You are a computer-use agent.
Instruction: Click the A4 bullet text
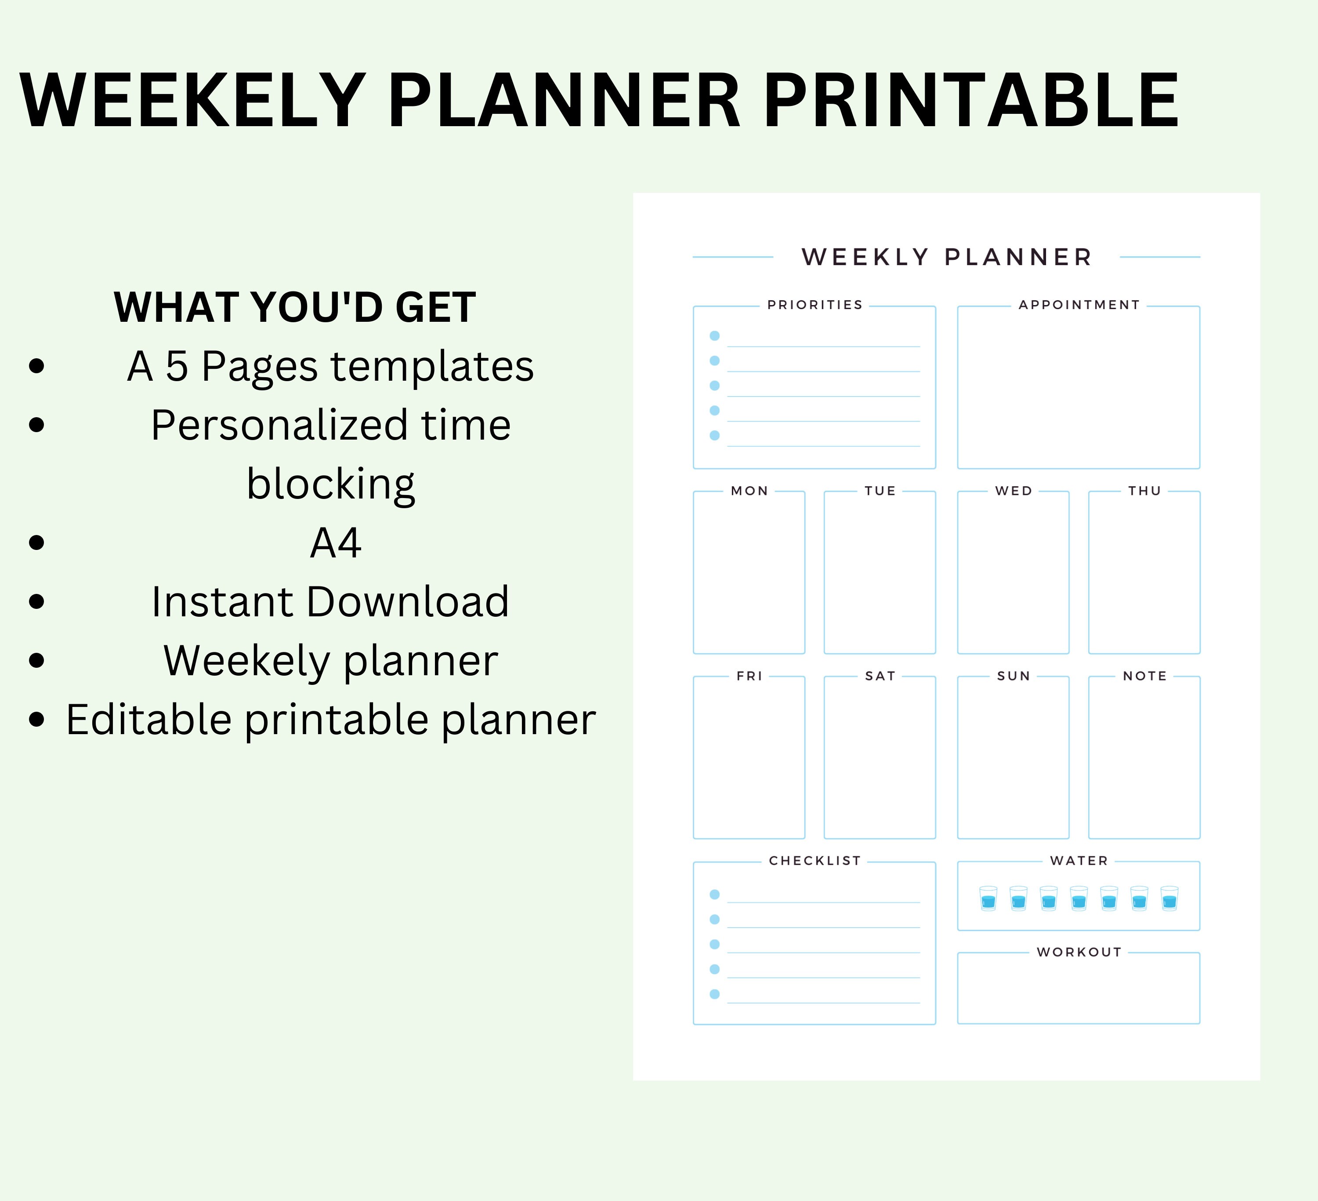pos(335,542)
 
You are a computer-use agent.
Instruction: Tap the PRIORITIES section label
pos(815,305)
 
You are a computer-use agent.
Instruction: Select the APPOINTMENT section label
pos(1079,305)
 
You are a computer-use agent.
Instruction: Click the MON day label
pos(749,491)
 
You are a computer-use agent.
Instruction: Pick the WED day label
pos(1014,491)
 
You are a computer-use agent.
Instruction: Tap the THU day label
pos(1144,491)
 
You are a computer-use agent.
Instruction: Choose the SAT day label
pos(880,676)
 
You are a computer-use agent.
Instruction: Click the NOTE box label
pos(1144,676)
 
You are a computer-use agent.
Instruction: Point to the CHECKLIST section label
pos(815,861)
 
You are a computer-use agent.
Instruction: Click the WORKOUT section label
pos(1079,952)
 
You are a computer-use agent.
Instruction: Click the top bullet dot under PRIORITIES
pos(714,335)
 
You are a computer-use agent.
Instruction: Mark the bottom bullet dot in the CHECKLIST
pos(714,994)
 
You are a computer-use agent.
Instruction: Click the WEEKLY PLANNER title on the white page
pos(947,257)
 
